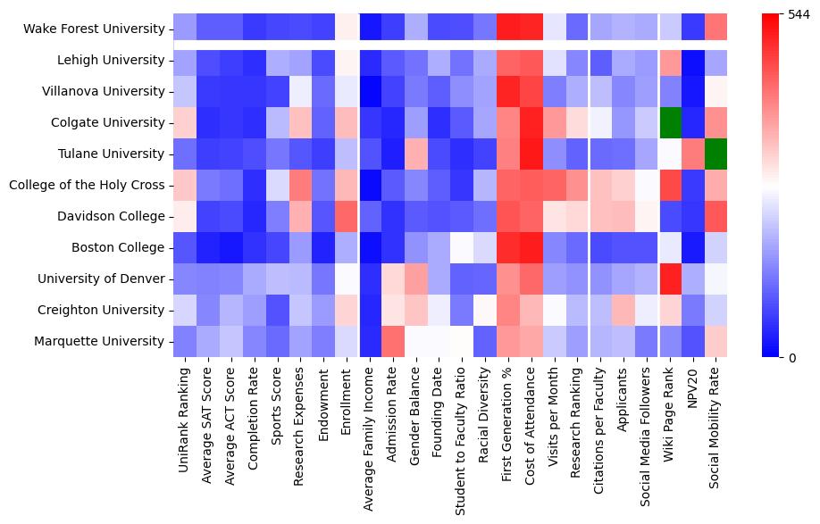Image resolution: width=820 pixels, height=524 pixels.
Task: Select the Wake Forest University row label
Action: point(95,29)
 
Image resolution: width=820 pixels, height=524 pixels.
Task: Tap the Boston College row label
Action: point(122,247)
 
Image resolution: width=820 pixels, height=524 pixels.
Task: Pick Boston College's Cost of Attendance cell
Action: point(531,247)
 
